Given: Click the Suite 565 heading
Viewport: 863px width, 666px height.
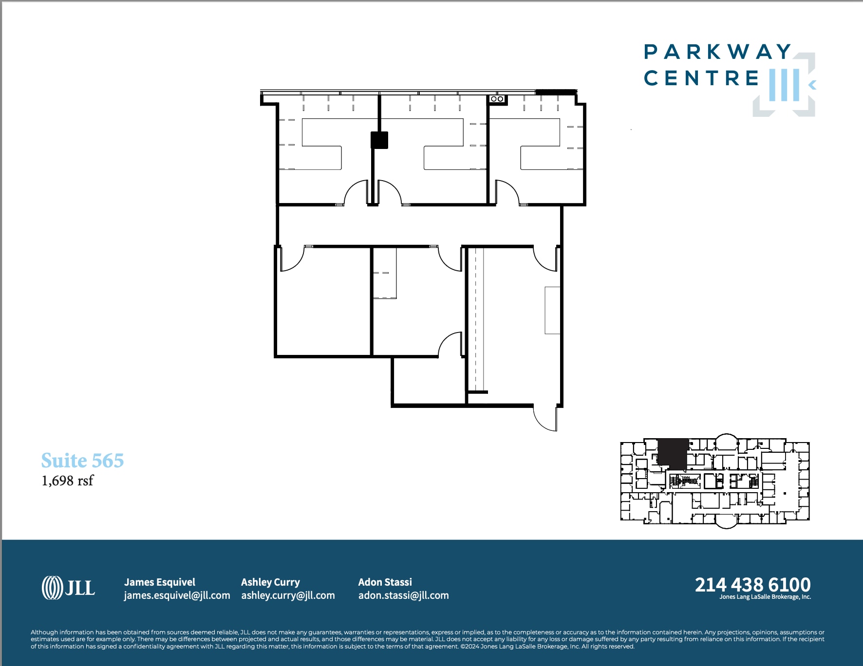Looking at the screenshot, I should click(x=82, y=461).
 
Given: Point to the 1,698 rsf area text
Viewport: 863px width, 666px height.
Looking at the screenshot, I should click(x=67, y=481).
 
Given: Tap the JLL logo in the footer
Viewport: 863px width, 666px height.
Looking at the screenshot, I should click(x=68, y=588).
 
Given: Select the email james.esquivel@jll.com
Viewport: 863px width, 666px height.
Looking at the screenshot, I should click(x=177, y=595).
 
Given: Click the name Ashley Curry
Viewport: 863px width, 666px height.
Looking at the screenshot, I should click(x=270, y=582).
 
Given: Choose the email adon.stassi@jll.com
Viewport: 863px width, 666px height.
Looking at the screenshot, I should click(x=403, y=595).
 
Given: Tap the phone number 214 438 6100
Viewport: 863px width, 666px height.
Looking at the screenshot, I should click(x=752, y=584).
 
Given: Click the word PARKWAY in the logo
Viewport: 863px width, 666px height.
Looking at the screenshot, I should click(x=717, y=52).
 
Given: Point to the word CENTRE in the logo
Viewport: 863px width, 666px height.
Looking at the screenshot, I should click(x=701, y=78).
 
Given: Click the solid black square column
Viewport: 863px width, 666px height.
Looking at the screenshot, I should click(x=379, y=140).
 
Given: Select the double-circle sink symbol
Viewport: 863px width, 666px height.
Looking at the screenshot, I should click(x=497, y=99).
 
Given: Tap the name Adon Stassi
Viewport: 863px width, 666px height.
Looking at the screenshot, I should click(x=385, y=582).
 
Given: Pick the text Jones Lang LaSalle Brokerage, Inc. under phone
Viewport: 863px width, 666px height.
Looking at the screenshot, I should click(x=765, y=597).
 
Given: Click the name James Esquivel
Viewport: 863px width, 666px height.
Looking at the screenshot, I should click(x=159, y=582).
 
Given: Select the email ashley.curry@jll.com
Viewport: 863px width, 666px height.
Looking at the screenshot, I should click(x=288, y=595).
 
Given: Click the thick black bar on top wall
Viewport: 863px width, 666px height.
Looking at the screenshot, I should click(x=556, y=92).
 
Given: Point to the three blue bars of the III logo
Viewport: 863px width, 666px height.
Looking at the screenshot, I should click(x=784, y=85).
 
